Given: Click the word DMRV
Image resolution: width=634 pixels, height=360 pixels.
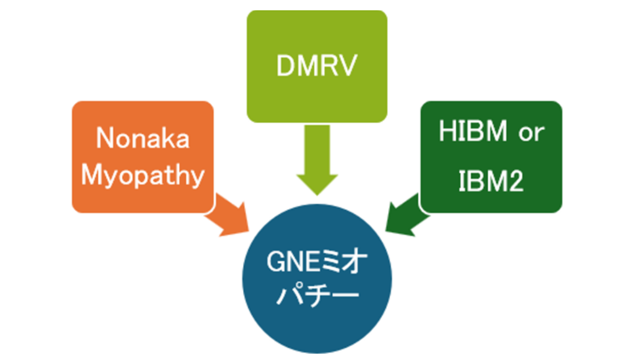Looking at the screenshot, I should pyautogui.click(x=317, y=66).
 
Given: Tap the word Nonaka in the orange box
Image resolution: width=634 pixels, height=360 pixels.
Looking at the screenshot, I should pyautogui.click(x=143, y=138).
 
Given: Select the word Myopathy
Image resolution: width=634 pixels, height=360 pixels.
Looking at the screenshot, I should pyautogui.click(x=143, y=175).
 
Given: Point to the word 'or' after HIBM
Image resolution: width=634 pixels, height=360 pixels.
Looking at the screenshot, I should pyautogui.click(x=531, y=133).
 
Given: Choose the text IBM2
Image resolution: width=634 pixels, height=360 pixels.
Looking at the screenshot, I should pyautogui.click(x=491, y=181).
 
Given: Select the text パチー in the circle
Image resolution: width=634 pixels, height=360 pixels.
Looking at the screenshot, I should pyautogui.click(x=317, y=294).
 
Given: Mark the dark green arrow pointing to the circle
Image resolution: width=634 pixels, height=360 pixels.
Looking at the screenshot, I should pyautogui.click(x=406, y=216).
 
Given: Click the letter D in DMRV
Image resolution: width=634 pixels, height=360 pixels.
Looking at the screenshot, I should pyautogui.click(x=286, y=66).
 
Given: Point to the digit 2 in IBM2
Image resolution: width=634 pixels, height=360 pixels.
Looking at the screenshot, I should pyautogui.click(x=514, y=182).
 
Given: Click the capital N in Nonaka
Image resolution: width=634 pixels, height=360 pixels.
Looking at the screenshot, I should pyautogui.click(x=105, y=138).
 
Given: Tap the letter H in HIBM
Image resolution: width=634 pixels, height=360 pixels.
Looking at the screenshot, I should pyautogui.click(x=447, y=131).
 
